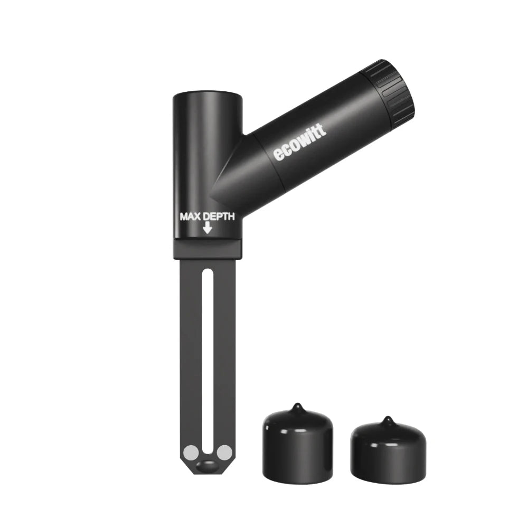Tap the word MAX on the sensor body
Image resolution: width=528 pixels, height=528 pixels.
pos(191,216)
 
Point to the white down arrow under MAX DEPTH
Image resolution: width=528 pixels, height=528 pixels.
pos(208,228)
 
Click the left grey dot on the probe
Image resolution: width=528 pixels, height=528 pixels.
pos(190,452)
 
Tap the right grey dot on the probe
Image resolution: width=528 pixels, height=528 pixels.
pos(224,452)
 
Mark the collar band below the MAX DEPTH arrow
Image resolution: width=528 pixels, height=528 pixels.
pos(208,248)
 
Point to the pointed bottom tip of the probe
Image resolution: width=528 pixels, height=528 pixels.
pos(207,474)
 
